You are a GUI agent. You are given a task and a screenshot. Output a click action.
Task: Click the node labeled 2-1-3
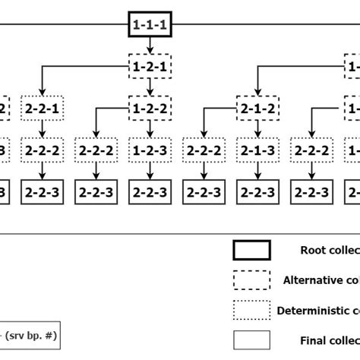point(257,150)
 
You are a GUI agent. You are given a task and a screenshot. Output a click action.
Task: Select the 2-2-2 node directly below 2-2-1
point(42,150)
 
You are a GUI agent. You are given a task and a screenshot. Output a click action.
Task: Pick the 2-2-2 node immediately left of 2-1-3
point(203,150)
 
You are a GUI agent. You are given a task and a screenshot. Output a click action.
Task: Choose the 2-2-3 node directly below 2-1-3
point(257,192)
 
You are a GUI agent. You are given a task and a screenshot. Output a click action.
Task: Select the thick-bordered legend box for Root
point(251,250)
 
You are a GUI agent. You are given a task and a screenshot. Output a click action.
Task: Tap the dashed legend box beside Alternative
point(251,279)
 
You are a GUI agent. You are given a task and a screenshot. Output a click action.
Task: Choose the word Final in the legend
point(312,340)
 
